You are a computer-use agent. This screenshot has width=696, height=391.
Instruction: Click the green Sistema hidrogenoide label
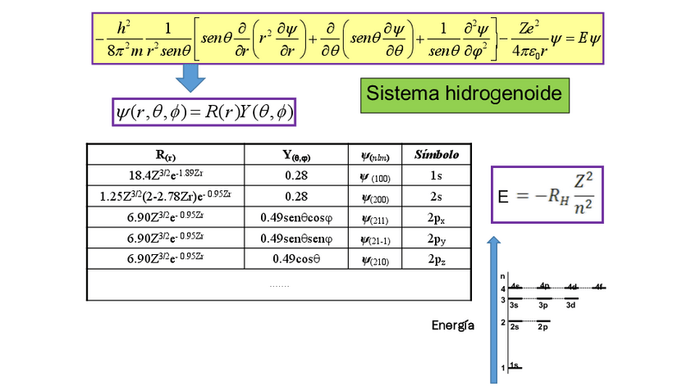[464, 94]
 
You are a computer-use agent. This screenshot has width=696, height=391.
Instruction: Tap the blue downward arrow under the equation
[190, 79]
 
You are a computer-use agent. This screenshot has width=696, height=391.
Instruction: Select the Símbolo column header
[436, 154]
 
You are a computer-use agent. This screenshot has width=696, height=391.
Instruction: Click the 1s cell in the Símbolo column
[436, 175]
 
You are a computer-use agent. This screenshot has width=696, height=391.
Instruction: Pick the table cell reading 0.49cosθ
[296, 259]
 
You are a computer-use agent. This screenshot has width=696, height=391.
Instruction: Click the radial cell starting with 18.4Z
[166, 175]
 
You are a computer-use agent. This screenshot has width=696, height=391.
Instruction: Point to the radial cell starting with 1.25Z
[166, 197]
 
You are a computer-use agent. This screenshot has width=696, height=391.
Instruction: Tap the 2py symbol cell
[436, 239]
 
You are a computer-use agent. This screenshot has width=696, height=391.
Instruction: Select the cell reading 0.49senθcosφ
[296, 218]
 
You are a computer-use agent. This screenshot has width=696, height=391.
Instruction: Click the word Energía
[453, 326]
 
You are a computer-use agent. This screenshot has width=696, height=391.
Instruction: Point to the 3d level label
[570, 305]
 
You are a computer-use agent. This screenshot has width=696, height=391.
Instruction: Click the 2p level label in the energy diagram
[543, 327]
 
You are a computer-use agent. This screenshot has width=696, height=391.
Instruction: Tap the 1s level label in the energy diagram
[515, 365]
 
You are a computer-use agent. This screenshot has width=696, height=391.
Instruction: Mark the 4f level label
[599, 286]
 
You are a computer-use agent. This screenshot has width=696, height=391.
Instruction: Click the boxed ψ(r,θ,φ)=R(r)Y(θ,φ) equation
[203, 111]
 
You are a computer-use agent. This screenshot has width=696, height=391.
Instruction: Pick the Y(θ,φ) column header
[296, 154]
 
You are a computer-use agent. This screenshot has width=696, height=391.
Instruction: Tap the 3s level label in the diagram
[515, 305]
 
